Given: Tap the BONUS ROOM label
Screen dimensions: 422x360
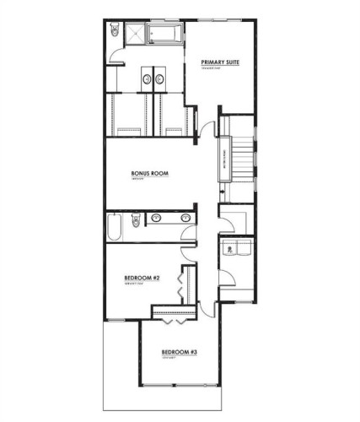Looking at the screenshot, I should coord(150,174).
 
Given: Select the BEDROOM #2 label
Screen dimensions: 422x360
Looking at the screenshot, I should coord(142,278).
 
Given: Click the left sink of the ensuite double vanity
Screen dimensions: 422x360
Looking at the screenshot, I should coord(147,79).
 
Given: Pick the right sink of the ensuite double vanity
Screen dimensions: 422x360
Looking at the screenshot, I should coord(159,79).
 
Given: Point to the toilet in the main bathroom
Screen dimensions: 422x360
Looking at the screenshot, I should coord(136,223).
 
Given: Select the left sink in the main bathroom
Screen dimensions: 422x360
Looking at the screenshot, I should coord(155,219).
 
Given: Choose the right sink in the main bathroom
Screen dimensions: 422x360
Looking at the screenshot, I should coord(185,219).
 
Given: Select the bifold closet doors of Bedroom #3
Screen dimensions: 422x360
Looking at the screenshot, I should coord(174,322).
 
